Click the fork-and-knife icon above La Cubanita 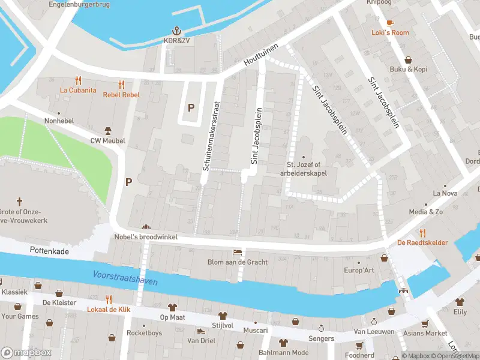[78, 80]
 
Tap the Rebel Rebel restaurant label [121, 95]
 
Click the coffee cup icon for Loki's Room [390, 23]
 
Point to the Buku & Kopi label [409, 69]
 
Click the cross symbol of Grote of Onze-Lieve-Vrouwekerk [19, 202]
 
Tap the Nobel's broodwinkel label [146, 237]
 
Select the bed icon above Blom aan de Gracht [237, 252]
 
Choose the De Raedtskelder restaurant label [422, 242]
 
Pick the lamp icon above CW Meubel [108, 131]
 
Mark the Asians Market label [426, 333]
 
